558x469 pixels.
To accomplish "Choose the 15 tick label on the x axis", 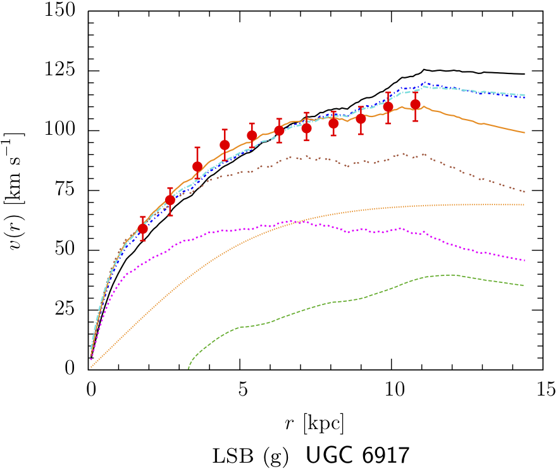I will click(542, 387).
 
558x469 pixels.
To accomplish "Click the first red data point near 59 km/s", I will click(142, 228).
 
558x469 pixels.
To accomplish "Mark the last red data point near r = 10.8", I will click(415, 104).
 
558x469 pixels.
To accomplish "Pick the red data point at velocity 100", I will click(279, 130).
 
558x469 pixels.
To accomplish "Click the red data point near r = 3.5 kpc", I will click(197, 166).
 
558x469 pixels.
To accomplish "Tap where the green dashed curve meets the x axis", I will click(189, 368).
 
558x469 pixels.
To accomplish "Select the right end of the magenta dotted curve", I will click(524, 260).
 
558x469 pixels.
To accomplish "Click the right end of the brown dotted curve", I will click(524, 191).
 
